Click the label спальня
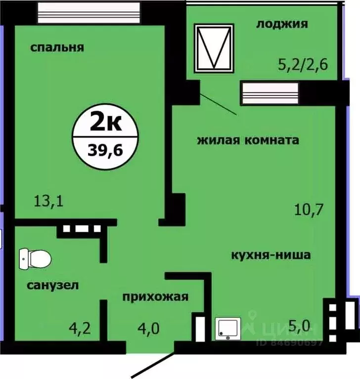tap(57, 47)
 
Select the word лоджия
tap(282, 23)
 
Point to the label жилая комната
tap(248, 140)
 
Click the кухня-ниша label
tap(270, 255)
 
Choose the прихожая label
tap(156, 296)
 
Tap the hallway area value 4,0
tap(148, 328)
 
